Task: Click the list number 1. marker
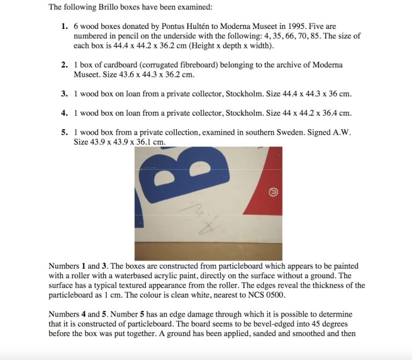(x=65, y=27)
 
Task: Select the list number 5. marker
(x=65, y=133)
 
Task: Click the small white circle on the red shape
(x=273, y=191)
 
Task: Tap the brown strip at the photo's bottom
(x=208, y=250)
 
